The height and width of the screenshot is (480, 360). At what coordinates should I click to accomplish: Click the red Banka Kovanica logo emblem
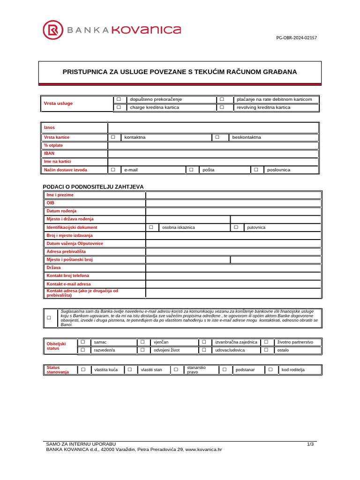point(53,30)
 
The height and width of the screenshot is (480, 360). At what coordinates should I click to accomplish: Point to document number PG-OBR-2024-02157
point(296,37)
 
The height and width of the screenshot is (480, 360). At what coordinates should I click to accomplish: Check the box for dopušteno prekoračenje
point(119,99)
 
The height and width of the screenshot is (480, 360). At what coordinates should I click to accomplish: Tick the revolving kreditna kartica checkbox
point(222,107)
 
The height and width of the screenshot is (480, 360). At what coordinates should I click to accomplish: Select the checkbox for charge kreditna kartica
point(119,107)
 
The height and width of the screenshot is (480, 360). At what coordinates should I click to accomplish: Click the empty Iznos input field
point(213,127)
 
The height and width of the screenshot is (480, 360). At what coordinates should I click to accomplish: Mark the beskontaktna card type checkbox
point(217,137)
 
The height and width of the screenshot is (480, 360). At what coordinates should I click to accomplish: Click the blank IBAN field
point(213,153)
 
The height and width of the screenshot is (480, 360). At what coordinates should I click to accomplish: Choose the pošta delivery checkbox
point(191,170)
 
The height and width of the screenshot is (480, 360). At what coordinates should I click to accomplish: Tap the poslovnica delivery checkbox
point(256,170)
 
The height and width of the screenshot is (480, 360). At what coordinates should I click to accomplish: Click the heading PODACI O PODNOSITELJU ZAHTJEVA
point(93,187)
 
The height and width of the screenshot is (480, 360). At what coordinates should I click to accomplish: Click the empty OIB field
point(233,203)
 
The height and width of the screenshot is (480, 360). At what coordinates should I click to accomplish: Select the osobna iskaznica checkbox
point(151,227)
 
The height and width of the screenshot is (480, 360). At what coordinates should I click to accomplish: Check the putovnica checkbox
point(236,227)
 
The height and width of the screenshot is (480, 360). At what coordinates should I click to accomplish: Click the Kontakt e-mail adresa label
point(68,284)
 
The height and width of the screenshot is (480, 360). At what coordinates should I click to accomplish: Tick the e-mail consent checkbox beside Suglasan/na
point(49,318)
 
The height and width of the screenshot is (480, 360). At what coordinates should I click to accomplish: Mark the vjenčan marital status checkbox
point(142,342)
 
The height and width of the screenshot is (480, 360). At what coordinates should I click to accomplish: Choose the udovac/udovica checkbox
point(204,350)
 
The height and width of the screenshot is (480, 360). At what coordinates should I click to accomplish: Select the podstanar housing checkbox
point(225,370)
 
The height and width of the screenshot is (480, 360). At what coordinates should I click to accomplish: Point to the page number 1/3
point(310,443)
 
